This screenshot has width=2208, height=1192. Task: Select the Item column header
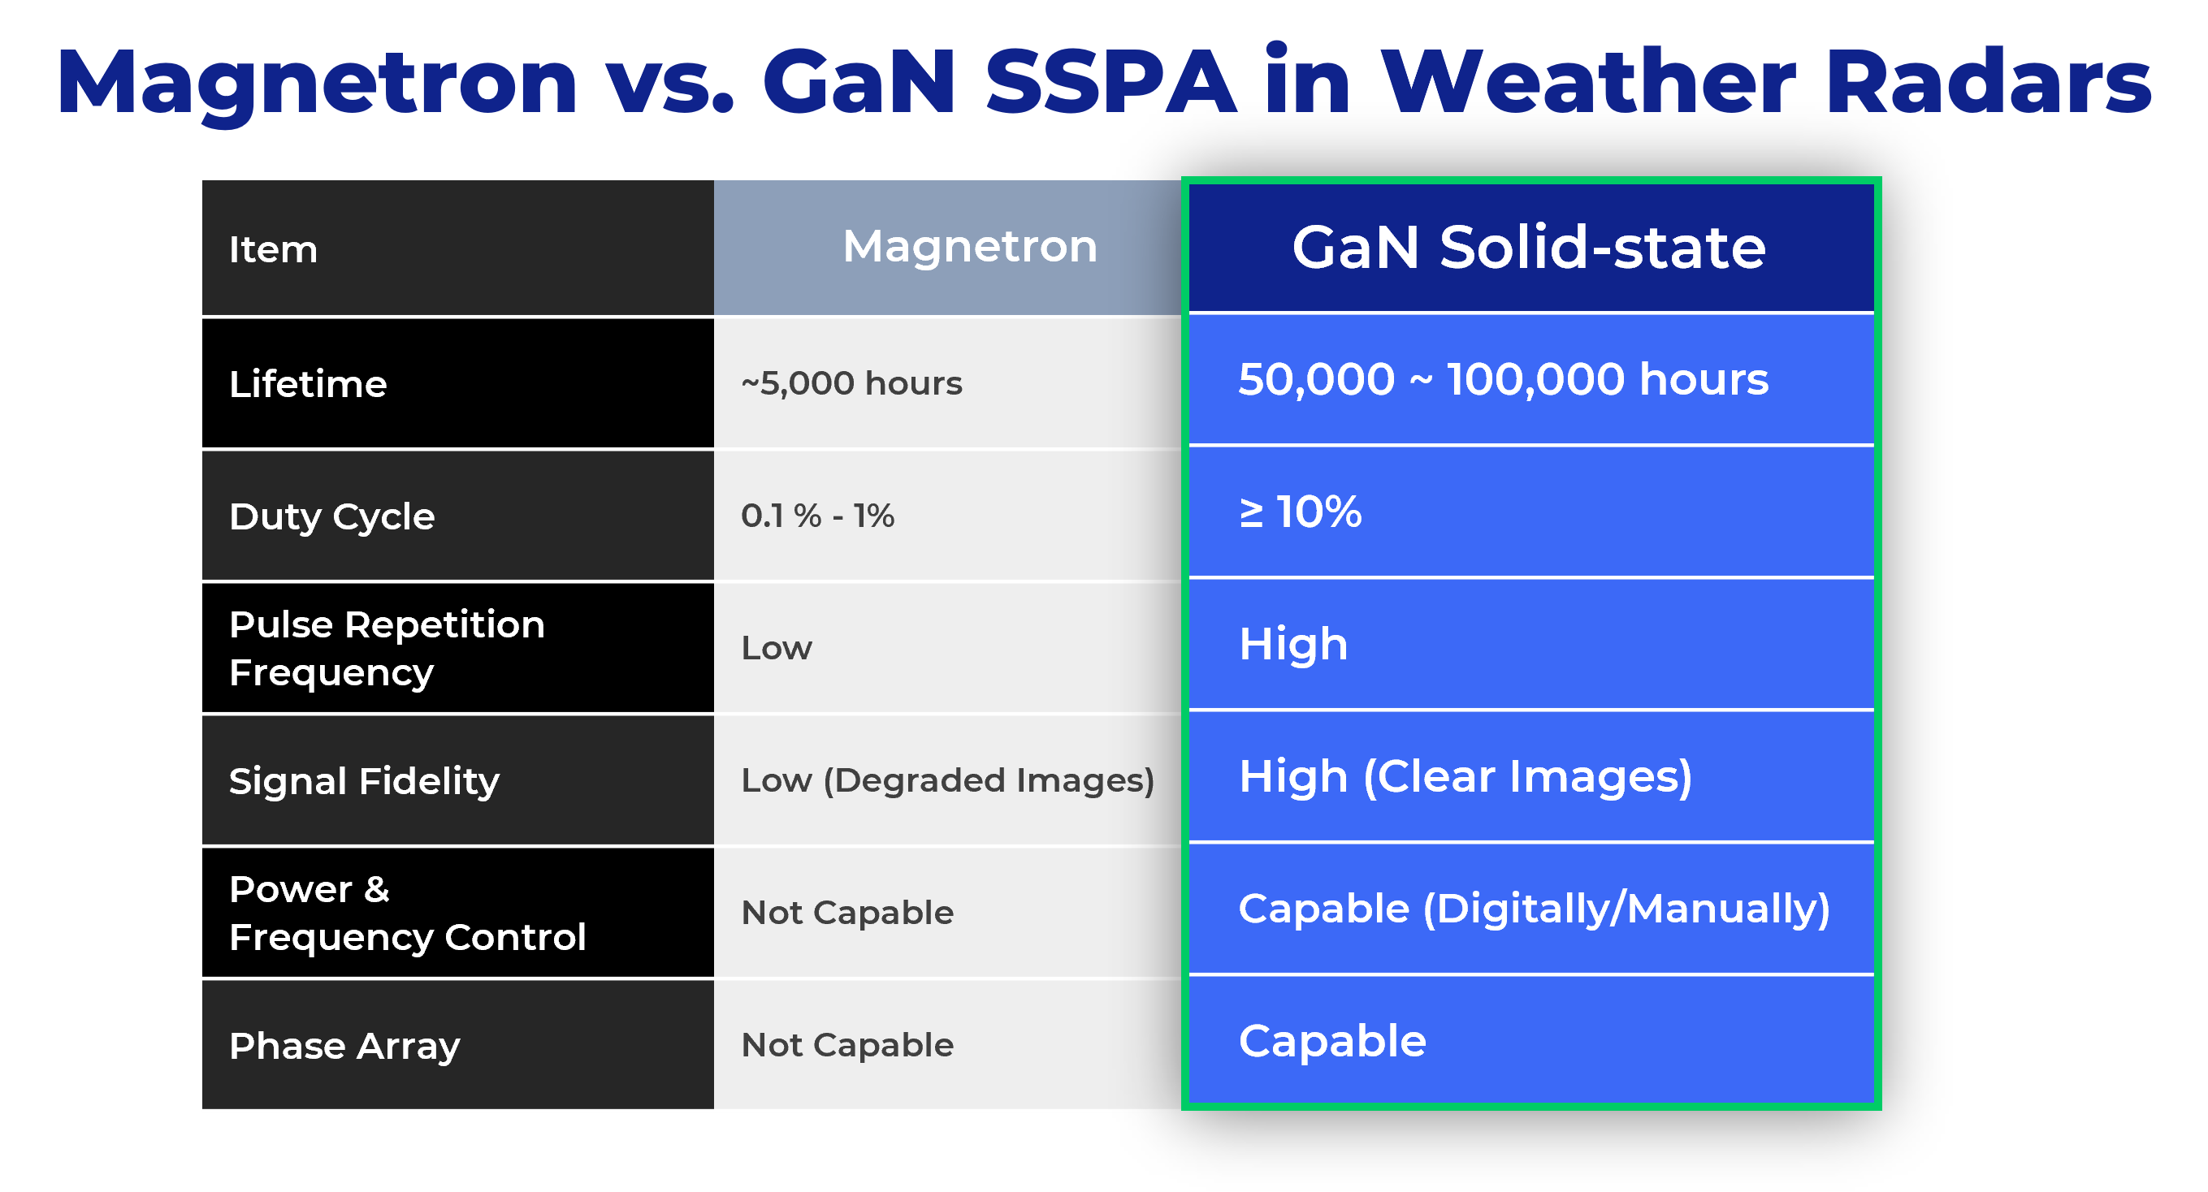click(x=273, y=250)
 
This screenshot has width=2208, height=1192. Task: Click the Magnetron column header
click(x=969, y=247)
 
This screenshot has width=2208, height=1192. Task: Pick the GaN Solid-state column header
click(x=1529, y=248)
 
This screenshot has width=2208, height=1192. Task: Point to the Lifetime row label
click(x=308, y=384)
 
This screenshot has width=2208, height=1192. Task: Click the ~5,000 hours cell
click(x=851, y=383)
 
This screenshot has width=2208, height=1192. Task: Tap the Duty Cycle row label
click(x=331, y=516)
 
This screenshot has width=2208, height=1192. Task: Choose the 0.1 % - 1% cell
click(x=818, y=516)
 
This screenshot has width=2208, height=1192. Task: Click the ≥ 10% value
click(x=1301, y=512)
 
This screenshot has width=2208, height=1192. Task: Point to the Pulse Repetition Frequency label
click(x=387, y=649)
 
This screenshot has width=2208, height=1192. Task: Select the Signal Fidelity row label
click(x=364, y=781)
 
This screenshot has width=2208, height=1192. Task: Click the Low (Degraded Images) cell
click(x=948, y=780)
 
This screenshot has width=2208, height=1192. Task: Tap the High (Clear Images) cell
click(x=1466, y=777)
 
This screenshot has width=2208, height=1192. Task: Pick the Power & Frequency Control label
click(x=407, y=913)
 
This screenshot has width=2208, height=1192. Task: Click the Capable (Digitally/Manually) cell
click(x=1535, y=909)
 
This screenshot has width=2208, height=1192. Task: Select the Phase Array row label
click(x=344, y=1047)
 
